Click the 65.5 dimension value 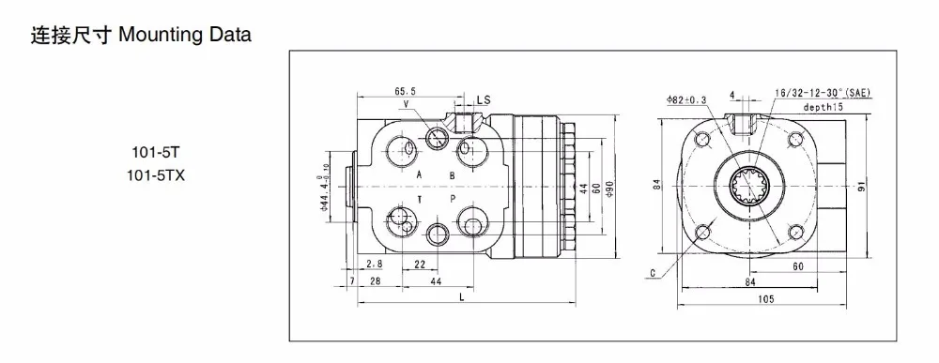click(405, 92)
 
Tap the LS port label click(484, 99)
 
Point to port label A click(419, 175)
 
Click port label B click(453, 175)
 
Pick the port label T click(420, 199)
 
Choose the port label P click(453, 199)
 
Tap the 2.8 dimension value click(375, 264)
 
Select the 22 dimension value click(419, 264)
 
